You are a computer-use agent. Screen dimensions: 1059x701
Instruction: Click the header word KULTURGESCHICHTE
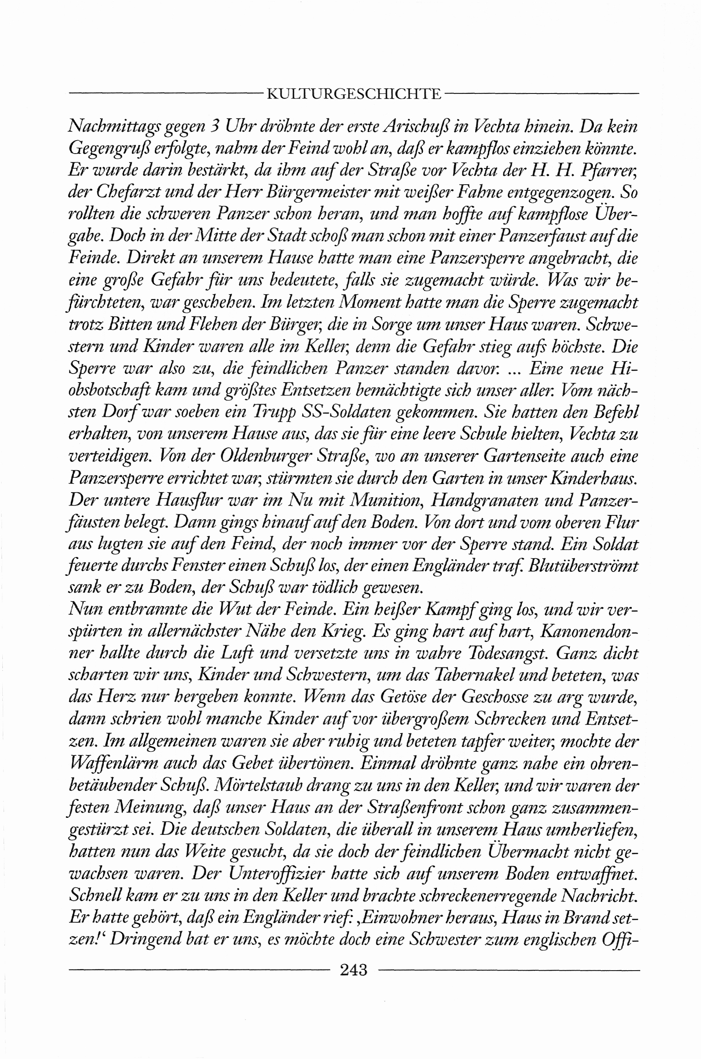pyautogui.click(x=353, y=94)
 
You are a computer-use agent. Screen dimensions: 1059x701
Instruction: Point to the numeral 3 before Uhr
pyautogui.click(x=214, y=127)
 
